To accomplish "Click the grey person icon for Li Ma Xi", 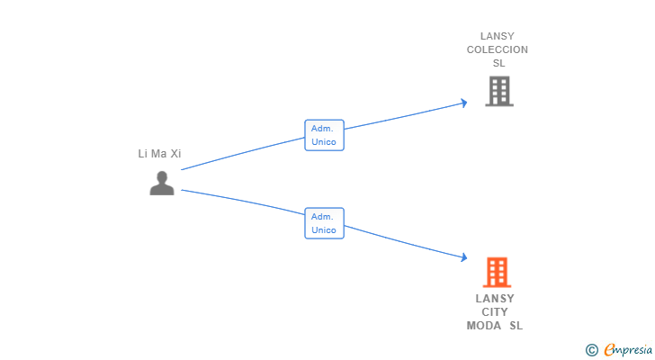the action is pos(162,183).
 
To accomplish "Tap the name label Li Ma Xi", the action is pos(159,154).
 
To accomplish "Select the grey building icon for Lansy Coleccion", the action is pos(499,91).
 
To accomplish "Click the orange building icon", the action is pos(497,273).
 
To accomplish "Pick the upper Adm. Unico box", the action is pos(324,135).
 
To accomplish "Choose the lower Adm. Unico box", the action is pos(324,223).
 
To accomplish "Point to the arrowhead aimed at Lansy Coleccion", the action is pos(463,103).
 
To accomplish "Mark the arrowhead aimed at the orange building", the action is pos(463,257).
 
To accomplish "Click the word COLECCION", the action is pos(497,49).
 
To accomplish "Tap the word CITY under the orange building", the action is pos(495,312).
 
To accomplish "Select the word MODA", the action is pos(484,326).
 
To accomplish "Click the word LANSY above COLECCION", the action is pos(497,36).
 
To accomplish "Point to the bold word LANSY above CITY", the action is pos(495,299).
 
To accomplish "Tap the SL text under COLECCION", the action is pos(498,63).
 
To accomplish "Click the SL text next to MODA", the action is pos(516,326).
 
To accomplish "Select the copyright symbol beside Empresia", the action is pos(591,350).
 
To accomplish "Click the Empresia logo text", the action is pos(628,349).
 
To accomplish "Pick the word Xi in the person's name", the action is pos(175,154).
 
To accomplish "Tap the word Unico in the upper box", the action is pos(324,142).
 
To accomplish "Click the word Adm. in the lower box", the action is pos(322,217).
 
